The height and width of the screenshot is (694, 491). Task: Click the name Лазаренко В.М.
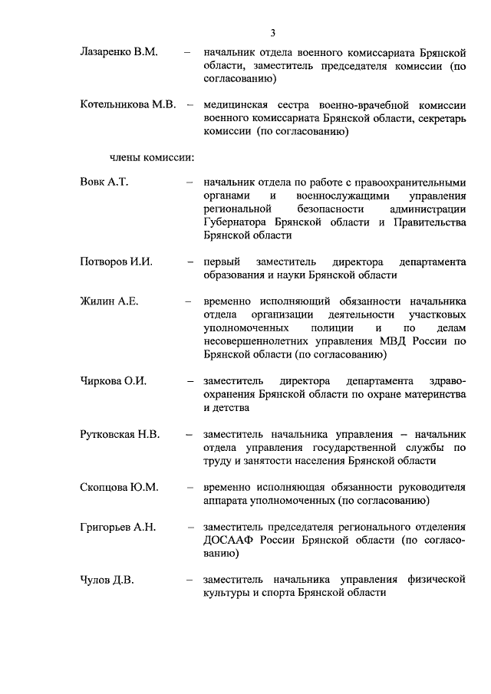118,52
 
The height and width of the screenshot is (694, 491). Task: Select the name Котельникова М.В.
128,105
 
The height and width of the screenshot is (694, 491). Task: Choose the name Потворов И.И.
116,262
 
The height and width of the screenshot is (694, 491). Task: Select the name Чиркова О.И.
113,381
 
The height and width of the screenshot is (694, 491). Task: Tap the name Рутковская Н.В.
120,435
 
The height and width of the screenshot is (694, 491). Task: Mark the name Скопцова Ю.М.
119,488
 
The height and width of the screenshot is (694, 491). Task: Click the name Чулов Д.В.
107,581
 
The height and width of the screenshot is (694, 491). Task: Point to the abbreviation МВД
398,342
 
